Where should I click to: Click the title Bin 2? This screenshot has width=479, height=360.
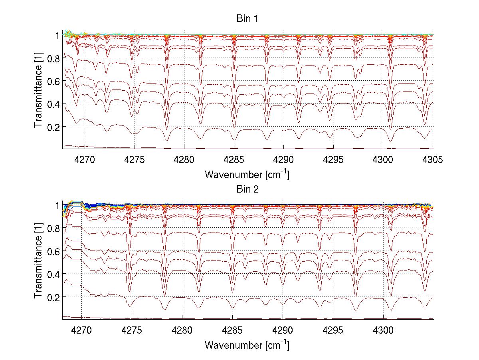(x=247, y=189)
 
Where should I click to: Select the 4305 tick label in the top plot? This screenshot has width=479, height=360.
(x=433, y=160)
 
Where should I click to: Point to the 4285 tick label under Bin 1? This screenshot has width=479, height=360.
(x=234, y=160)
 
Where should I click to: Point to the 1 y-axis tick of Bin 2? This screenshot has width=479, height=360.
(x=57, y=205)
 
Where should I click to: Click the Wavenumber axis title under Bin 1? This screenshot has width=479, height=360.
(x=247, y=174)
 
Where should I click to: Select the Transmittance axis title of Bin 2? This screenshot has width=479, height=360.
(x=38, y=263)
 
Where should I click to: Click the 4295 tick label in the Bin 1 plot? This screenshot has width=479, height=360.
(x=333, y=160)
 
